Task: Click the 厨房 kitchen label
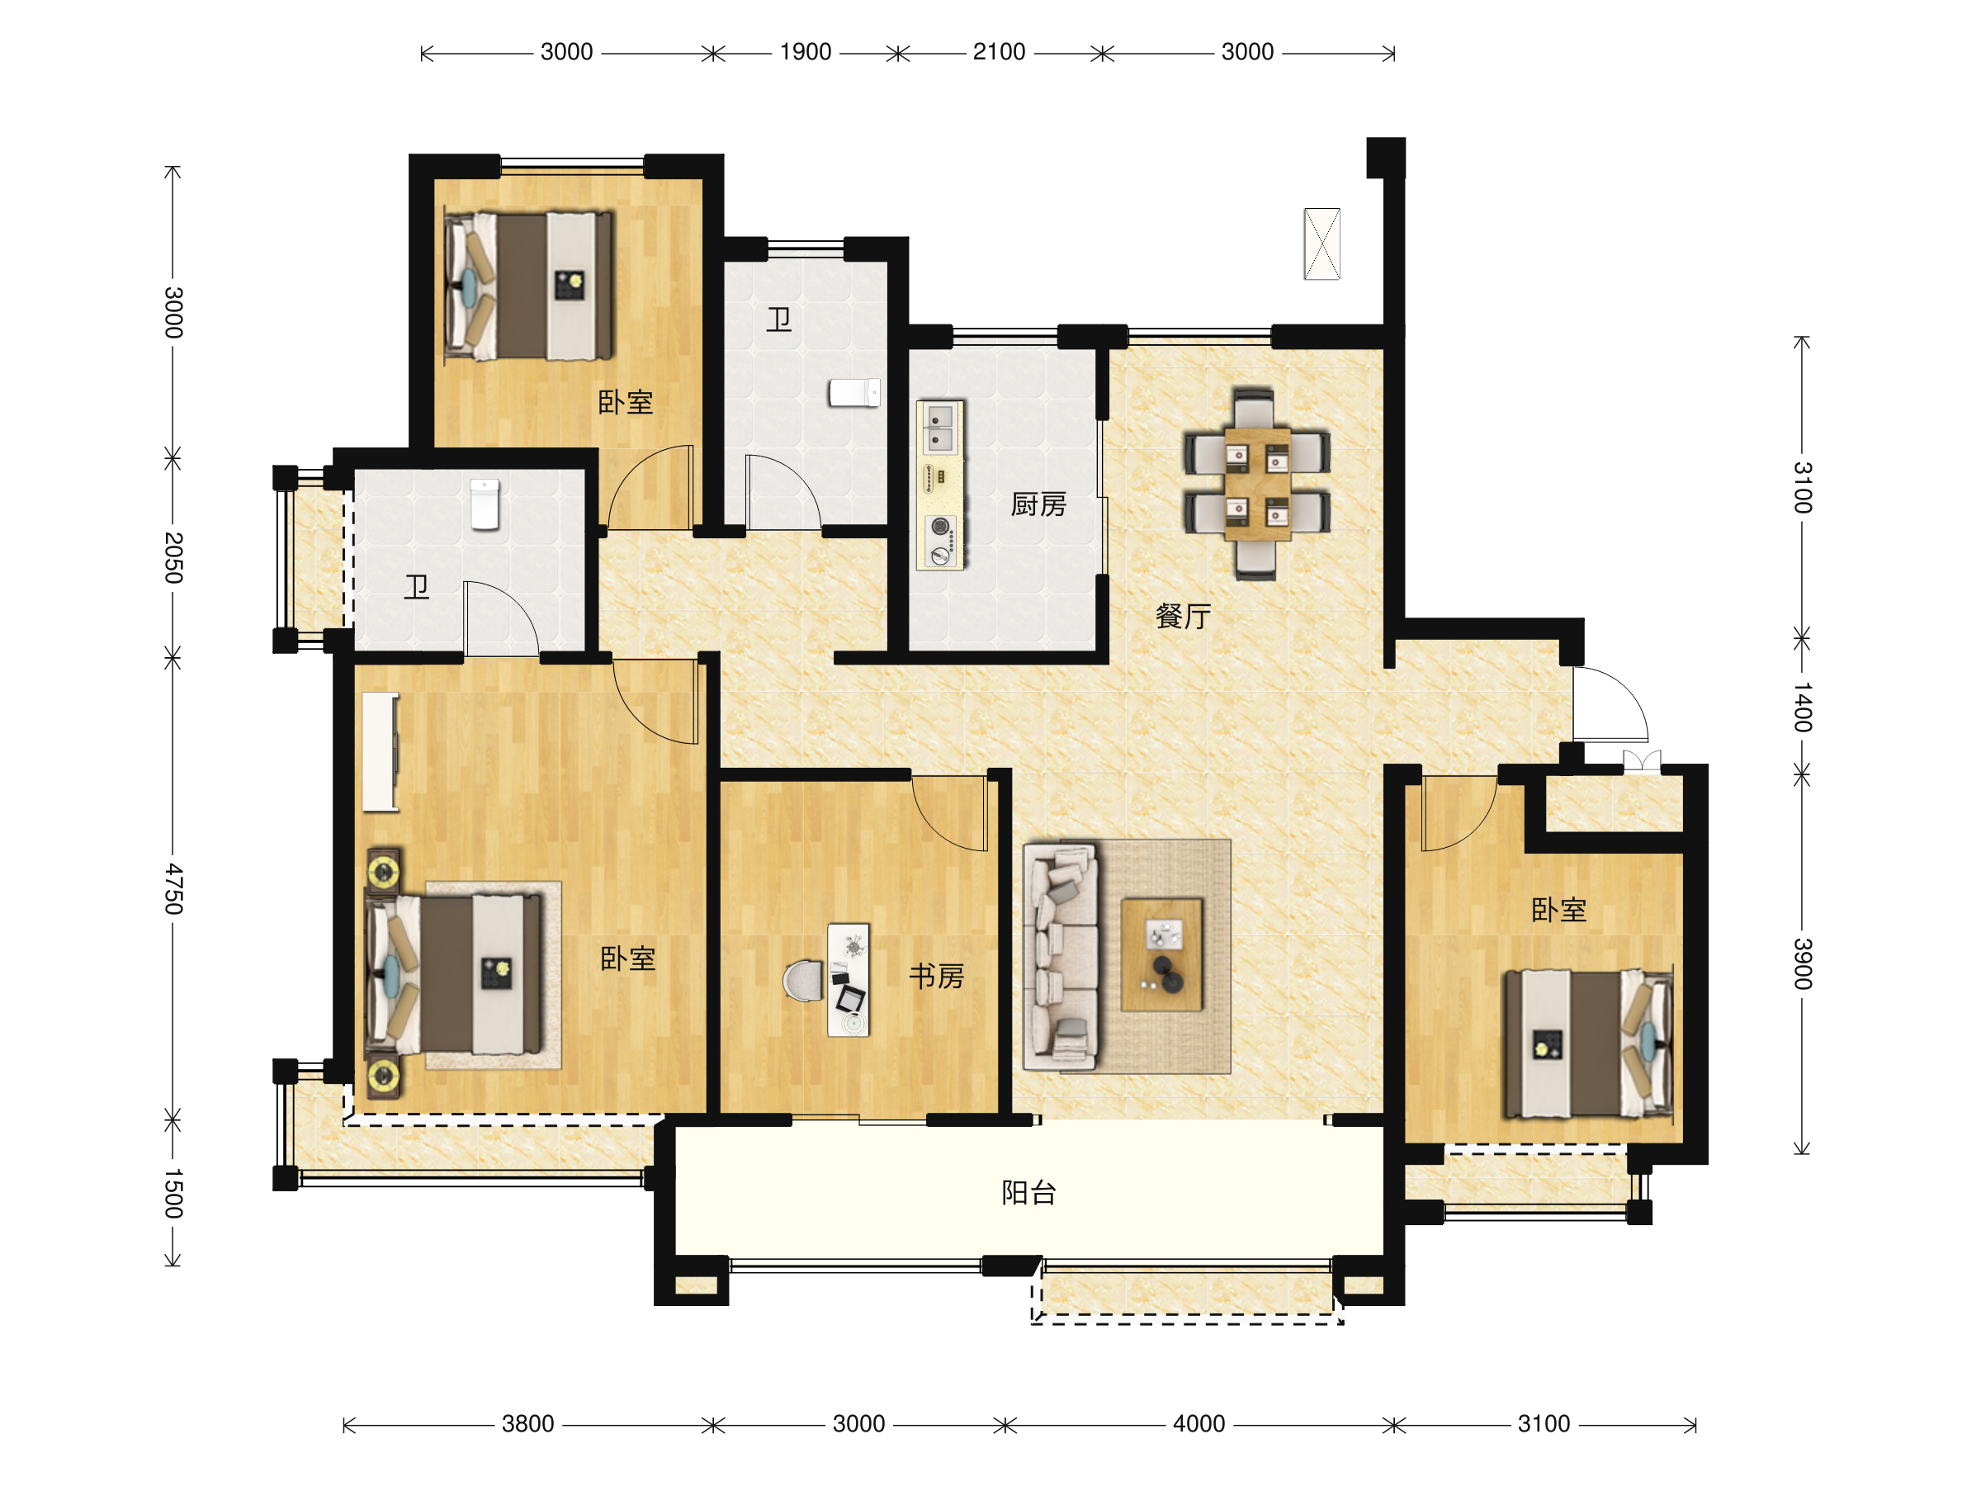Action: pos(1038,505)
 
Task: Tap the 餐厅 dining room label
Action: pos(1183,616)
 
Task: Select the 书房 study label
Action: pos(937,977)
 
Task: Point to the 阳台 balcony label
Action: pos(1029,1193)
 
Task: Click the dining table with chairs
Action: pos(1256,485)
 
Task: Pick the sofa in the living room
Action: pos(1061,958)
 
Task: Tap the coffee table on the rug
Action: pos(1161,955)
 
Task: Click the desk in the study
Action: pos(848,980)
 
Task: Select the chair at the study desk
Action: pos(803,981)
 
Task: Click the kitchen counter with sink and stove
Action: pos(940,485)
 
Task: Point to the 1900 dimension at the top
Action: pos(805,52)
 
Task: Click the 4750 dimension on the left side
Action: pos(173,889)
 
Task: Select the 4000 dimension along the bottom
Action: pos(1199,1424)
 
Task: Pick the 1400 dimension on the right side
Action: pos(1803,707)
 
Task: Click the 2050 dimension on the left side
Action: pos(173,558)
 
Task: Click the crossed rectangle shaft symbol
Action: pos(1321,244)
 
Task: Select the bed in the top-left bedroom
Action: pos(529,286)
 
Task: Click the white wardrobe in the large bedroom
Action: pos(381,752)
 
